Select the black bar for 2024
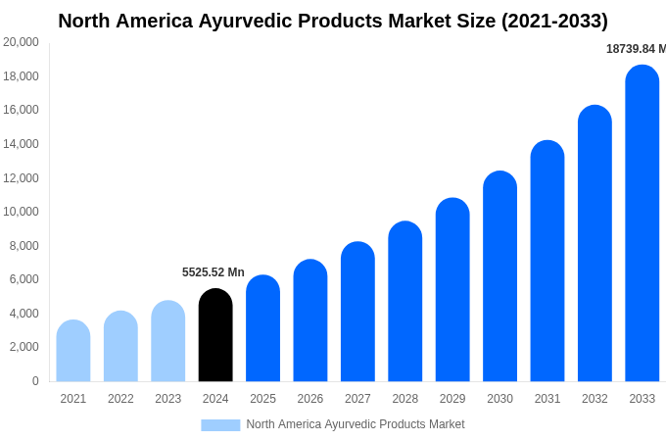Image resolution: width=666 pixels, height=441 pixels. pos(215,335)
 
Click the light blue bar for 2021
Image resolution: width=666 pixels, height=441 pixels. pos(73,351)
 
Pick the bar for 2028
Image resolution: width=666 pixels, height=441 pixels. pos(405,302)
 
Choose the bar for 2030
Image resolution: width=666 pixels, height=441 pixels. pos(500,276)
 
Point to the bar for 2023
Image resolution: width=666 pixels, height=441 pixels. pos(168,341)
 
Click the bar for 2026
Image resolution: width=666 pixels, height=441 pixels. pos(310,320)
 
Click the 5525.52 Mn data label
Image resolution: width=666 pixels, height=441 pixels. pos(214,272)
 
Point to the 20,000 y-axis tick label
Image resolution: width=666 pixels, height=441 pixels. pos(22,42)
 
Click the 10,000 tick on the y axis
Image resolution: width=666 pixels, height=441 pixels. pos(22,212)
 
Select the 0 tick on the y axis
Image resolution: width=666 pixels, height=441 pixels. pos(35,381)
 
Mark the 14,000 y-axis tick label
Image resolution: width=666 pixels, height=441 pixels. pos(22,144)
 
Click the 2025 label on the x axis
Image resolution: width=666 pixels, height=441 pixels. pos(262,399)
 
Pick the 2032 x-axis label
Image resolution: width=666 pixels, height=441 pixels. pos(595,399)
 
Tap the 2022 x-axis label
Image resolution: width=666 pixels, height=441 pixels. pos(120,399)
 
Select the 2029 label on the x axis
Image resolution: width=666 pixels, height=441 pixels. pos(452,399)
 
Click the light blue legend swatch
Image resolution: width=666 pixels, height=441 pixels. pos(220,424)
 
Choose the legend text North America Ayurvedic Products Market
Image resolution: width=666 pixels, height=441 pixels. pos(356,424)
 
